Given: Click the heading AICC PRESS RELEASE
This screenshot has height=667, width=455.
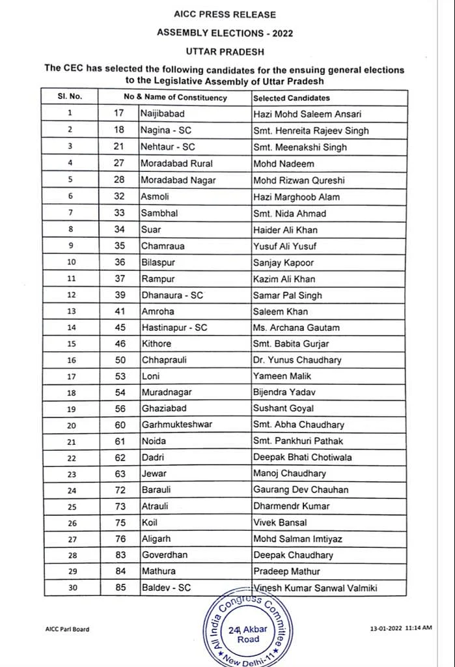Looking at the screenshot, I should coord(225,14).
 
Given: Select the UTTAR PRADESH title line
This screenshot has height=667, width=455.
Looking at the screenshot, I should coord(225,50).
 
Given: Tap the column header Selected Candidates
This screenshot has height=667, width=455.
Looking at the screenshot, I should coord(291,98).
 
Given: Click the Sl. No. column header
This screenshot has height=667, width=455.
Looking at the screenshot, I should coord(70,97).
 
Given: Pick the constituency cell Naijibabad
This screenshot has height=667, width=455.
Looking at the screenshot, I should coord(163,114).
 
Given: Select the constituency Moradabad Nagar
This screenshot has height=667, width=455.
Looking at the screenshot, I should coord(178,180).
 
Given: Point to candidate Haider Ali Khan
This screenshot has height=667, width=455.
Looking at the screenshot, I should coord(284,229).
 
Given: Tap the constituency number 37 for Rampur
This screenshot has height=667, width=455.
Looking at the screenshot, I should coord(118,279).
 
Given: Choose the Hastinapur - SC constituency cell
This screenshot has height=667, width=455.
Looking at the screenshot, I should coord(174,328).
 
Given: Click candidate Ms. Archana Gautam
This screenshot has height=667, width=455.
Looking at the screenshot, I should coord(296,328).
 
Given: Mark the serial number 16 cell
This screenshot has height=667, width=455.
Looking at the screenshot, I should coord(71,360).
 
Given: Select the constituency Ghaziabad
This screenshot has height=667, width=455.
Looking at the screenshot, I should coord(164,408).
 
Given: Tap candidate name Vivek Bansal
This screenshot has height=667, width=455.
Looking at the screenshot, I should coord(280,522).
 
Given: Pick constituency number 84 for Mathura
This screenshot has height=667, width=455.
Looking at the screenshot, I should coord(118,571).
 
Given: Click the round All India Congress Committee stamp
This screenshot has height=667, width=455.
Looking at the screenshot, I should coord(243,629).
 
